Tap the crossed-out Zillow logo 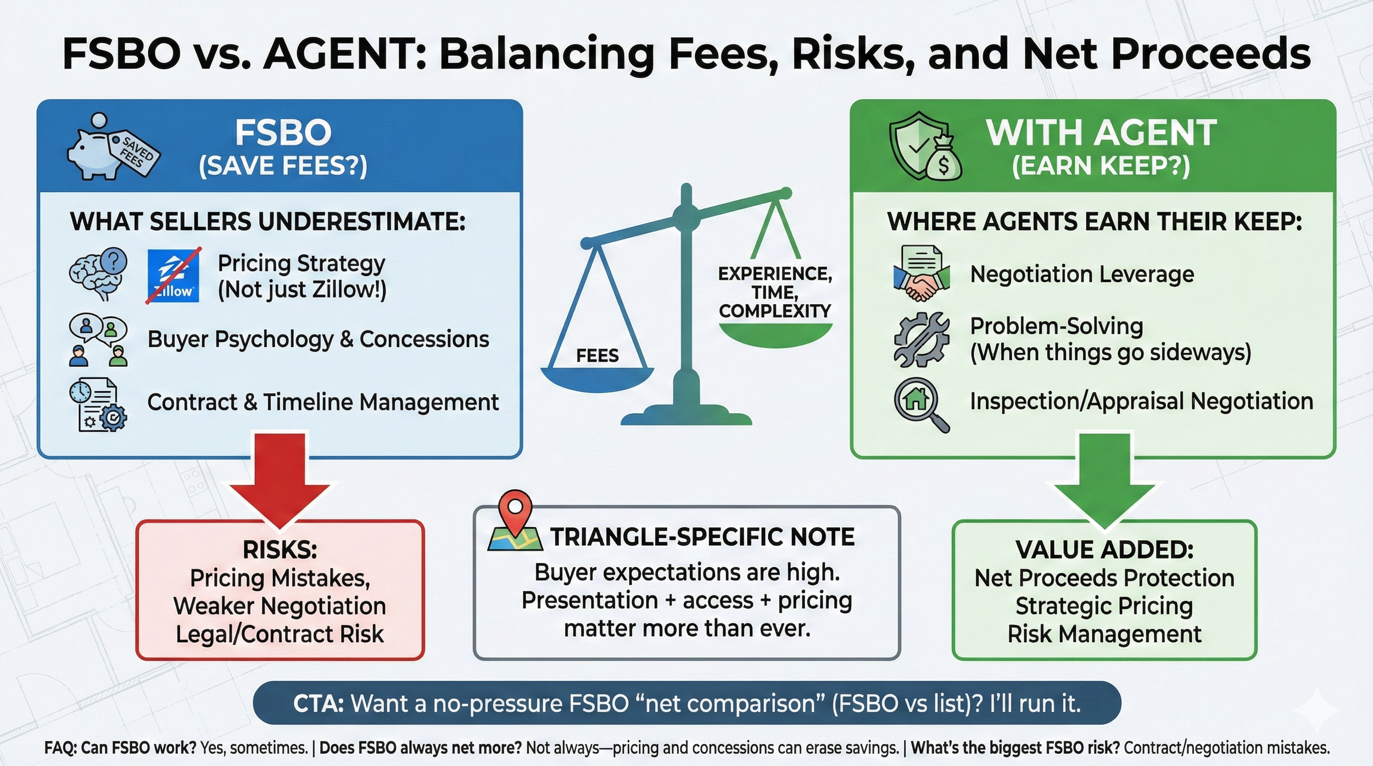[174, 276]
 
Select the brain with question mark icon [98, 273]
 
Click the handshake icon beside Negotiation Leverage [921, 273]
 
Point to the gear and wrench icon [921, 339]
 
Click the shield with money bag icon [925, 147]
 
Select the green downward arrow [1104, 478]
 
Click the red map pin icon [515, 512]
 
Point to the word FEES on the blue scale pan [598, 356]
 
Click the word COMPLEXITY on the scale [775, 311]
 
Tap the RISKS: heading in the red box [280, 550]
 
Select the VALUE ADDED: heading [1104, 550]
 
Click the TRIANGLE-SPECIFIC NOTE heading [702, 536]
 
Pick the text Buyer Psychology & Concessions [318, 339]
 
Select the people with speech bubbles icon [98, 340]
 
